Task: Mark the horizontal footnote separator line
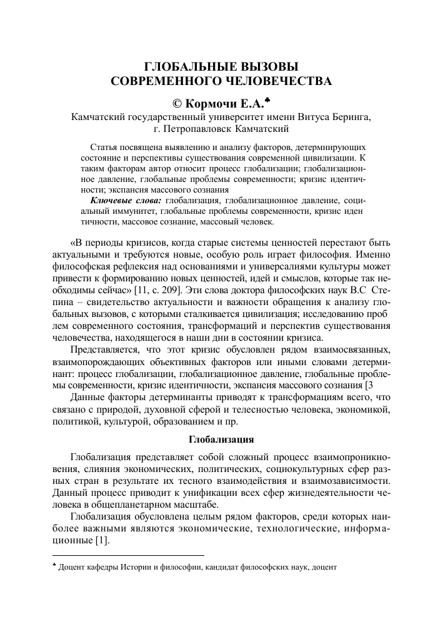[127, 555]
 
